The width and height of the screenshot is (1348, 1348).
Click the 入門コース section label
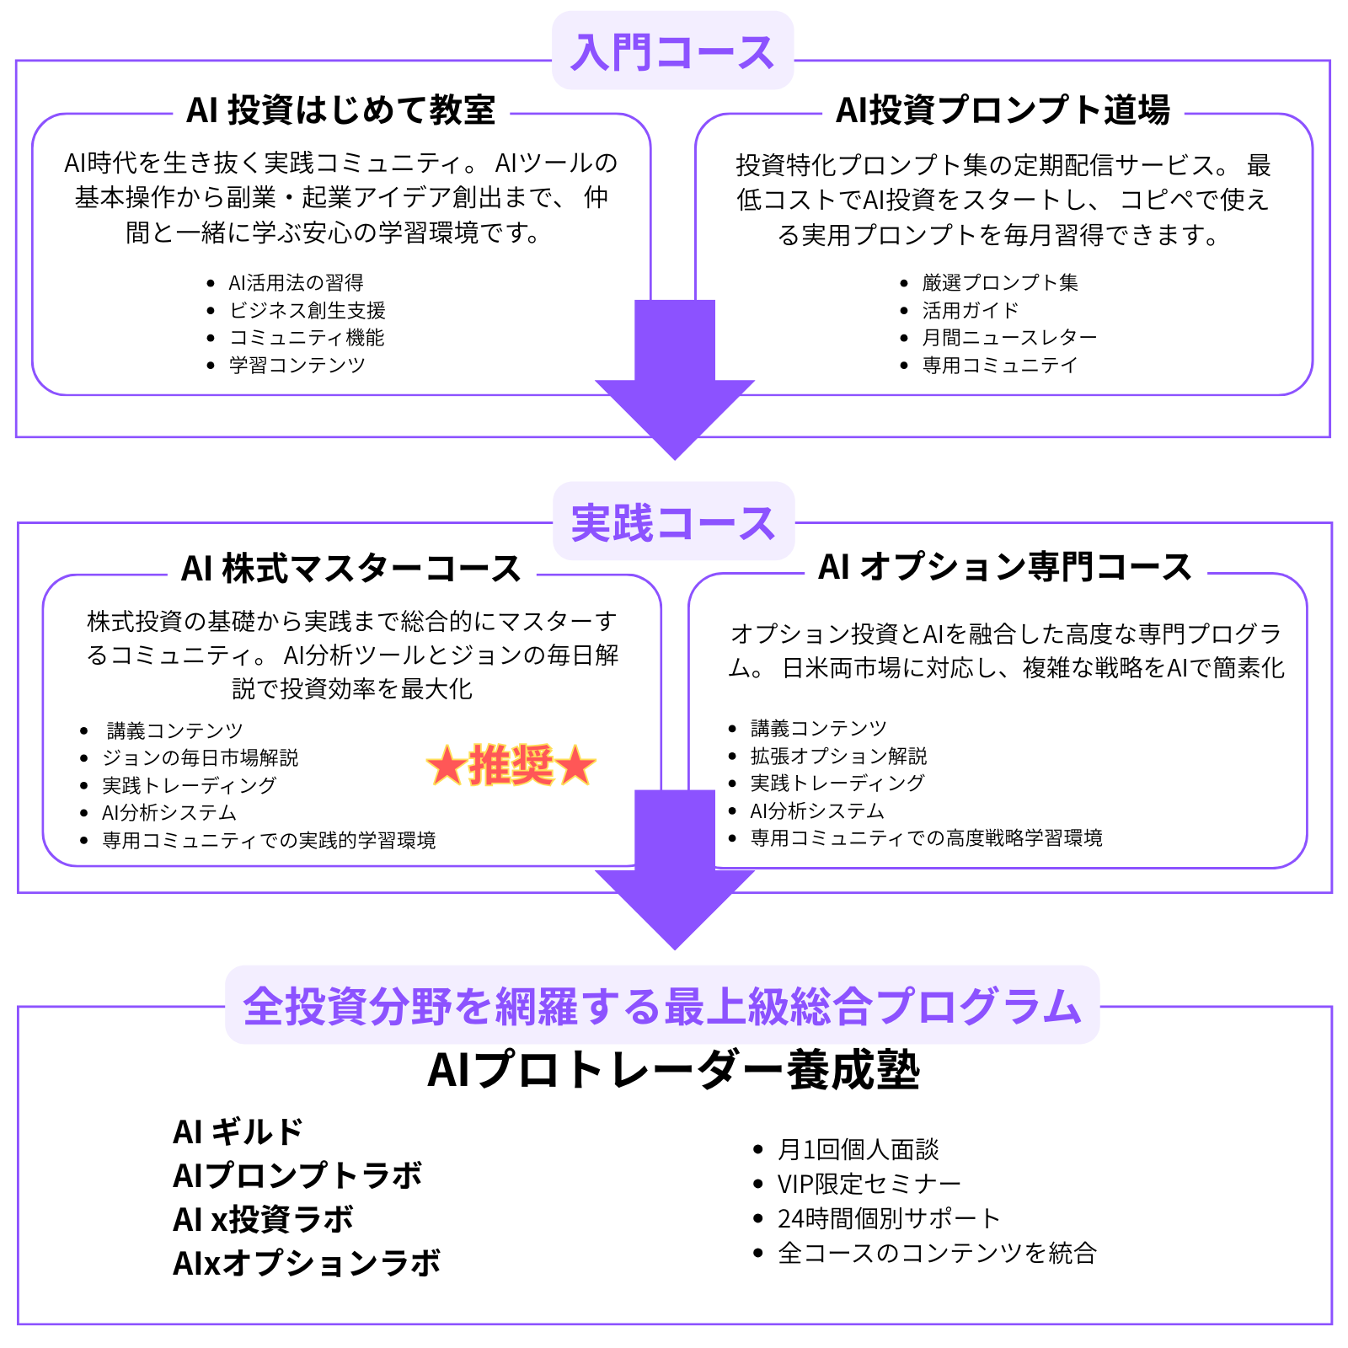(x=672, y=51)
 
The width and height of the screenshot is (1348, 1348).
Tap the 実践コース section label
(x=673, y=522)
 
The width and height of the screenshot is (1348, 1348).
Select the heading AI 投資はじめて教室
(x=341, y=110)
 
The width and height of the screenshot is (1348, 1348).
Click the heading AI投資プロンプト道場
(x=1003, y=110)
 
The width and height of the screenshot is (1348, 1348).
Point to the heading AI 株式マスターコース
(x=351, y=569)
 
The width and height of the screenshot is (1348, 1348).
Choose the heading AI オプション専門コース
(x=1005, y=567)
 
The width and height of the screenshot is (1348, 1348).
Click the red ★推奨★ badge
(x=511, y=765)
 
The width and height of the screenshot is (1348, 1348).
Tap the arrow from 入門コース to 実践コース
(x=674, y=379)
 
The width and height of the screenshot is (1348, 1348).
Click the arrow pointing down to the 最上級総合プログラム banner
(x=674, y=869)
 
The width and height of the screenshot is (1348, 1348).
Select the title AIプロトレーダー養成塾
(x=674, y=1070)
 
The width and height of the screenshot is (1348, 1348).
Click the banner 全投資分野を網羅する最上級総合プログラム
(x=662, y=1006)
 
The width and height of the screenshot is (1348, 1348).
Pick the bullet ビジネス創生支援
(x=308, y=310)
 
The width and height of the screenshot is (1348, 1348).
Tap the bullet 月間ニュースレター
(x=1009, y=337)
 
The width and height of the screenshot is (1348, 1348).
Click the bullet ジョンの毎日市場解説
(x=200, y=757)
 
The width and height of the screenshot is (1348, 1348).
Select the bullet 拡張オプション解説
(x=838, y=756)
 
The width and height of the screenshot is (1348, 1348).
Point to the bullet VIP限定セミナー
(x=869, y=1184)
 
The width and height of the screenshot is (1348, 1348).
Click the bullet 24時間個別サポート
(x=889, y=1218)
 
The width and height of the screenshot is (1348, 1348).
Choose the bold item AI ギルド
(x=237, y=1131)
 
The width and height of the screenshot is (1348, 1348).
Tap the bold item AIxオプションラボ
(x=307, y=1263)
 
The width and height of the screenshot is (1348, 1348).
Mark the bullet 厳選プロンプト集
(x=1000, y=282)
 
